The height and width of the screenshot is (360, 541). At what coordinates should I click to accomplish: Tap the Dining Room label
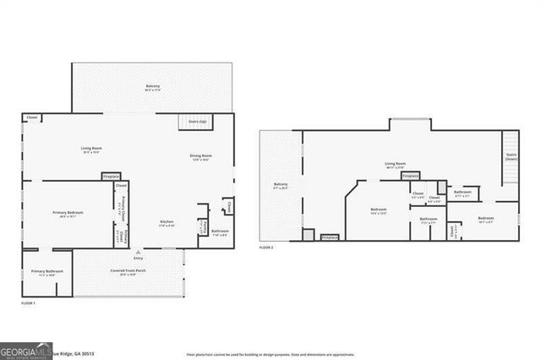click(200, 156)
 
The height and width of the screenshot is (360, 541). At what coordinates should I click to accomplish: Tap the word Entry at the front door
click(138, 257)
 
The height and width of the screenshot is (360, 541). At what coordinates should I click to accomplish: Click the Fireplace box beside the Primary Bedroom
click(112, 177)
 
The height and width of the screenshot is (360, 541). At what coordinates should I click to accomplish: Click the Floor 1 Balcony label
click(153, 86)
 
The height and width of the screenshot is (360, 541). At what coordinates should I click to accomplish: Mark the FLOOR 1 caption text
click(28, 303)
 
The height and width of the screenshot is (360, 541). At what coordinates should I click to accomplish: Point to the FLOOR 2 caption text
click(266, 247)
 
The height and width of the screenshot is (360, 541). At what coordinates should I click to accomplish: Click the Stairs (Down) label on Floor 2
click(511, 156)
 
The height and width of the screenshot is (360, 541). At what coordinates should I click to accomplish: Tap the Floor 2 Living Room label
click(396, 165)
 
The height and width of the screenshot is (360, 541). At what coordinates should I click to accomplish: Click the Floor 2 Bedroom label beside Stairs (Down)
click(485, 218)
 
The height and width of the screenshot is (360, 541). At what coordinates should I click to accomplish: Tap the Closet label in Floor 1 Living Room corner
click(32, 117)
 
